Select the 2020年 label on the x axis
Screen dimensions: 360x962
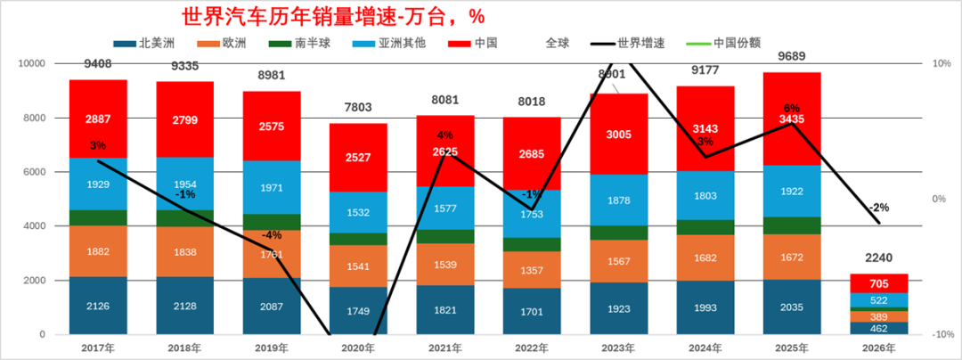point(358,348)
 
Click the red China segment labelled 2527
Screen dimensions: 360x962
point(358,159)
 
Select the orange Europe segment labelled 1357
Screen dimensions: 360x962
point(532,270)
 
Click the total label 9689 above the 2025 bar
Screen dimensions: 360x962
point(792,56)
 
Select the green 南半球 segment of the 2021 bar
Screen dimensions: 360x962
point(445,236)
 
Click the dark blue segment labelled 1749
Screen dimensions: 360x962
point(358,311)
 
